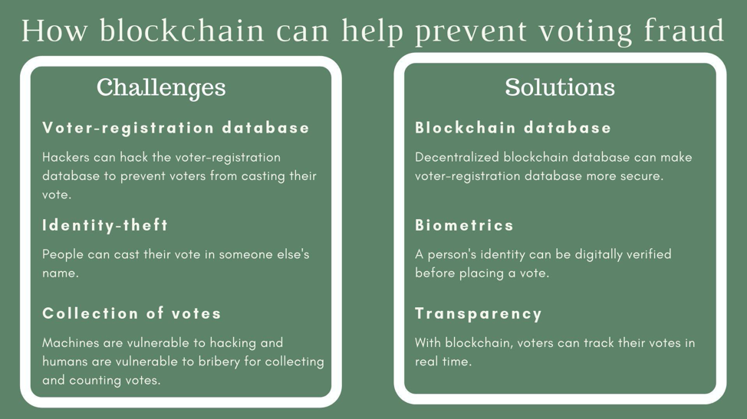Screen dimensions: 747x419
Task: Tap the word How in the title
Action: (x=54, y=30)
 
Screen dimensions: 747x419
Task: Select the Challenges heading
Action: (x=161, y=87)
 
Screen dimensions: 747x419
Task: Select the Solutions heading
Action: (x=560, y=87)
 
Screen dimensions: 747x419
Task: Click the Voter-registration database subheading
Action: (x=176, y=128)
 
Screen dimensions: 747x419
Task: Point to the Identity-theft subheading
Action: (x=105, y=225)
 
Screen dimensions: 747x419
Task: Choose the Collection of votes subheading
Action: (x=132, y=313)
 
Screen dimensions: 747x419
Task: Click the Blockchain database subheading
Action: (x=512, y=128)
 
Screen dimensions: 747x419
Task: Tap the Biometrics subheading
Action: (x=464, y=225)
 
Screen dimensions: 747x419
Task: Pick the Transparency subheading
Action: (x=479, y=314)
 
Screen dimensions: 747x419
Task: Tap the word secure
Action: (x=642, y=176)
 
